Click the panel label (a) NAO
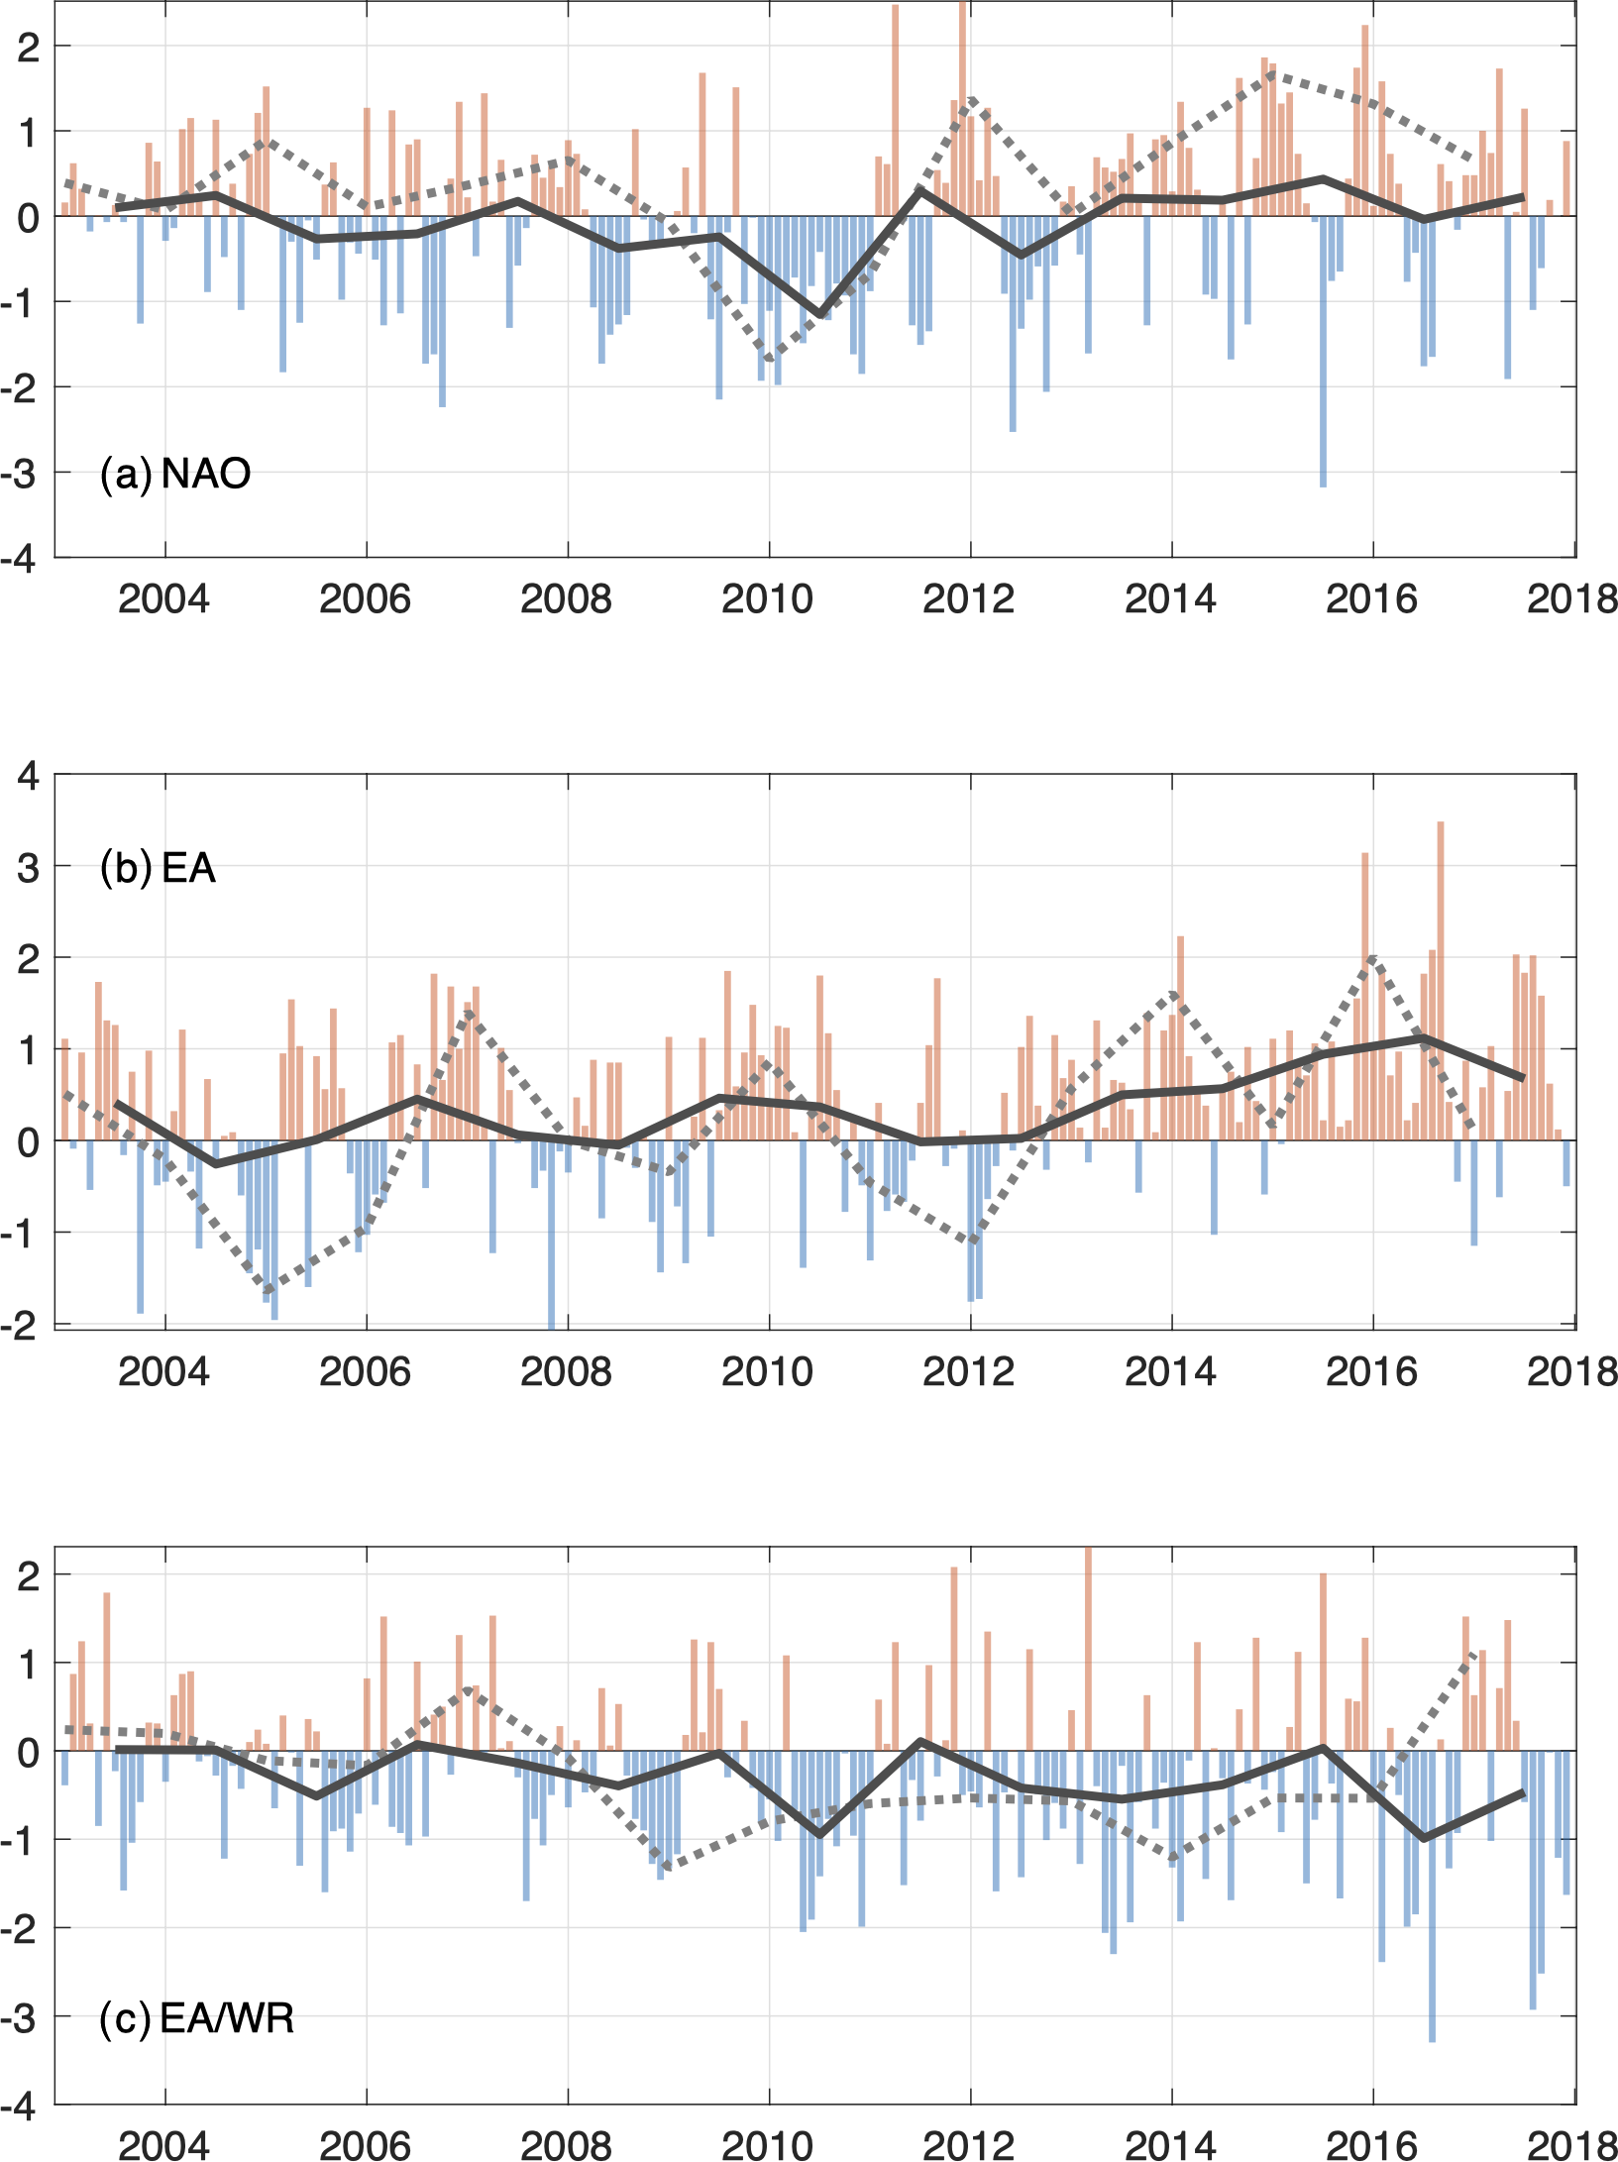[175, 474]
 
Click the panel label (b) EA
[158, 868]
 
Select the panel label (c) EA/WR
[197, 2018]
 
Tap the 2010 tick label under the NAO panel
[767, 598]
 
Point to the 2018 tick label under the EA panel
[1572, 1371]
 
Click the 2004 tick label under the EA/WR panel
[163, 2145]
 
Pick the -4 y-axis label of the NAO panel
[20, 559]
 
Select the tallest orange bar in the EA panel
[1441, 981]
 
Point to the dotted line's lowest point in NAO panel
[770, 360]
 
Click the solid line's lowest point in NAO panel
[820, 315]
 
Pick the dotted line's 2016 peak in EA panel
[1372, 957]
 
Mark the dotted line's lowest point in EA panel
[266, 1290]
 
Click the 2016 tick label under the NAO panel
[1371, 598]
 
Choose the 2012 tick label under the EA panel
[969, 1371]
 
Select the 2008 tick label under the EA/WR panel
[566, 2145]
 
